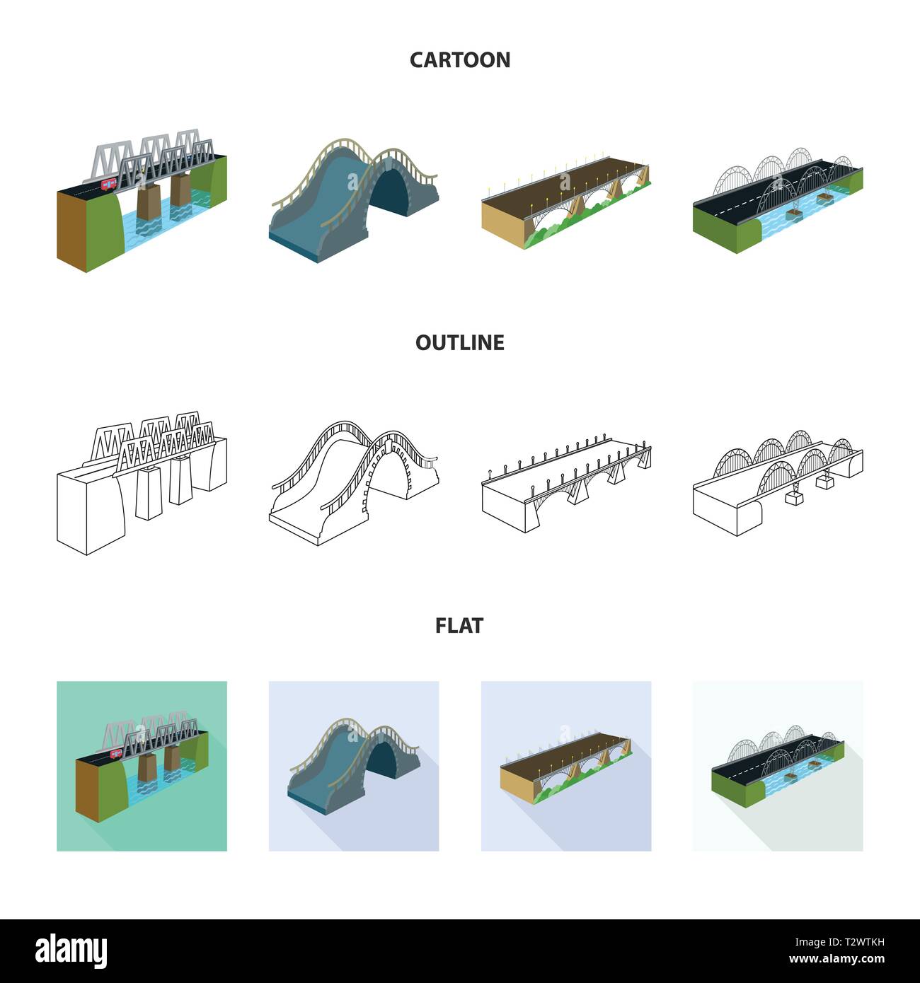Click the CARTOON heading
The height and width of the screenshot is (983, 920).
tap(459, 60)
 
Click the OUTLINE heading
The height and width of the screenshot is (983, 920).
tap(459, 343)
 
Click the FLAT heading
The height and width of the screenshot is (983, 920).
tap(459, 626)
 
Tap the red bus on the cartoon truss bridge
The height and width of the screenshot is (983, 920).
tap(108, 185)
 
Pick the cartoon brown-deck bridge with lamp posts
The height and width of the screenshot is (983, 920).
tap(566, 202)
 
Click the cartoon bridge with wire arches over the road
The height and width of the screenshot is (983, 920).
tap(777, 198)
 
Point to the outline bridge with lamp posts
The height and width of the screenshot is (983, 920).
tap(566, 484)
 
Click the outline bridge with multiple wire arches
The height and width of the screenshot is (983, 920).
tap(777, 481)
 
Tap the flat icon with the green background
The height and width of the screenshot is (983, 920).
tap(142, 766)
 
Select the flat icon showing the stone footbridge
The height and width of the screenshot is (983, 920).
tap(354, 766)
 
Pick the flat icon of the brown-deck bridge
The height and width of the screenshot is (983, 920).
tap(566, 766)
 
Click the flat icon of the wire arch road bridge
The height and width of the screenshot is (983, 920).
tap(777, 766)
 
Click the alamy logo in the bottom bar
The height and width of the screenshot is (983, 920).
tap(71, 950)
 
